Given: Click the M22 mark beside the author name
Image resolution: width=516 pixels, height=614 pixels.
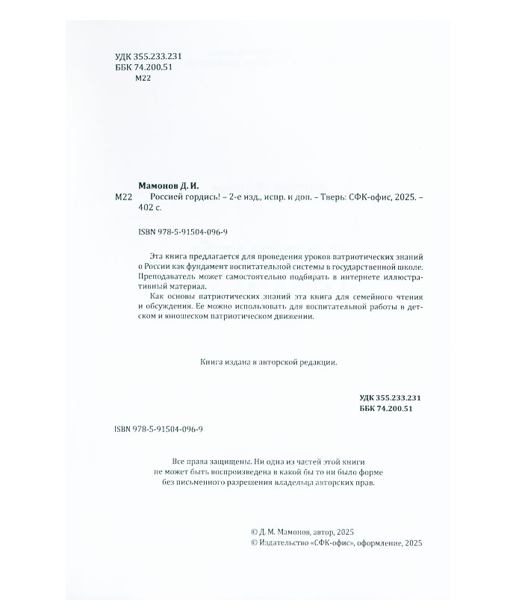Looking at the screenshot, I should (x=124, y=197).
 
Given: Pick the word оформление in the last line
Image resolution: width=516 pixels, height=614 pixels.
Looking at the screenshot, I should (x=378, y=543).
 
